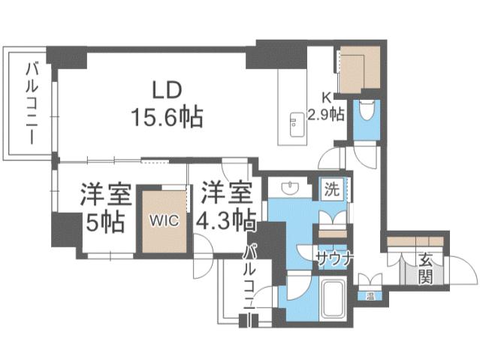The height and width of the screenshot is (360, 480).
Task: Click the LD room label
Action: [x=166, y=90]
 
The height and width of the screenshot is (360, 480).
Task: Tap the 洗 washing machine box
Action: [x=331, y=189]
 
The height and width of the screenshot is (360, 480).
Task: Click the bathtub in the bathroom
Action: [x=331, y=299]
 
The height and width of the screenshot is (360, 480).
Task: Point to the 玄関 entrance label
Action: [x=425, y=267]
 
